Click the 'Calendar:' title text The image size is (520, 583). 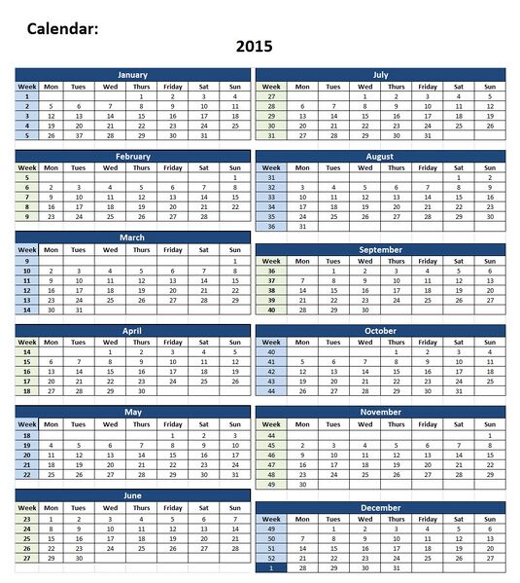[x=62, y=29]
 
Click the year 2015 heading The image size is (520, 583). [x=254, y=46]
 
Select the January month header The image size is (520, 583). [x=132, y=74]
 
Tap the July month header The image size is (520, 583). [x=380, y=74]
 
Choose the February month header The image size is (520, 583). [x=132, y=156]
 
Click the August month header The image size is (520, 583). [x=380, y=156]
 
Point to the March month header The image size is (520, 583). [x=132, y=237]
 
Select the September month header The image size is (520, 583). [x=380, y=249]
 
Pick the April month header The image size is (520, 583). [x=132, y=331]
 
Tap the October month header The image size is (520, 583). [x=380, y=331]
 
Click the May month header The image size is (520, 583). [x=132, y=413]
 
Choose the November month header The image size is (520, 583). [x=380, y=413]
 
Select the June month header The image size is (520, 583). [x=132, y=494]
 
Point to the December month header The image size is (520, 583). [x=380, y=507]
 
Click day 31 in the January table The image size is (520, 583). [x=204, y=135]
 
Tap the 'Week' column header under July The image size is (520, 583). [x=271, y=86]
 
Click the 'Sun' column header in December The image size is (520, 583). [x=490, y=519]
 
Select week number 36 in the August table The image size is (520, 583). [x=271, y=226]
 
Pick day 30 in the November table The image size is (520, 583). [x=302, y=484]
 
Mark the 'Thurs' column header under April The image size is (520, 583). [x=142, y=343]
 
